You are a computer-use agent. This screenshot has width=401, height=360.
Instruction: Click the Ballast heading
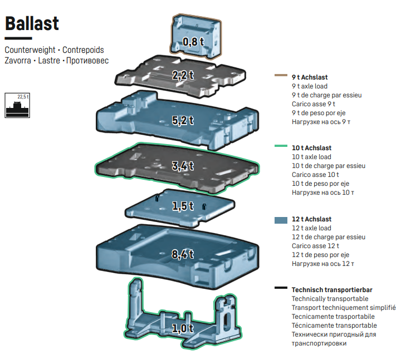[x=32, y=23]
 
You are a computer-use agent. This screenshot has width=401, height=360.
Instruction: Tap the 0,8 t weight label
[x=193, y=42]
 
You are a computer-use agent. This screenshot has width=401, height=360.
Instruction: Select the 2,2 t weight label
[x=183, y=75]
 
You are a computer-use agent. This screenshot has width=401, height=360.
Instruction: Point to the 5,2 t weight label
[x=183, y=120]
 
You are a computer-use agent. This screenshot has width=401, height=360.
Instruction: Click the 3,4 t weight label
[x=183, y=165]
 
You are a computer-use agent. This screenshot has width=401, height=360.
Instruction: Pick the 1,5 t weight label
[x=183, y=206]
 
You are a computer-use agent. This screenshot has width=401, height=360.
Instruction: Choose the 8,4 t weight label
[x=183, y=254]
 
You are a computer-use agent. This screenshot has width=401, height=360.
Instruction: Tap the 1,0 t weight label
[x=183, y=328]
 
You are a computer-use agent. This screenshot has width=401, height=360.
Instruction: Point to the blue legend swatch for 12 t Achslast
[x=281, y=220]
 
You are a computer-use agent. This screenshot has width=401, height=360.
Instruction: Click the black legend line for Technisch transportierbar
[x=281, y=288]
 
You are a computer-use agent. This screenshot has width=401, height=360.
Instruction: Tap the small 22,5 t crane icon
[x=17, y=105]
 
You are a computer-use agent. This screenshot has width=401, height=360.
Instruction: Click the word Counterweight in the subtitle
[x=28, y=50]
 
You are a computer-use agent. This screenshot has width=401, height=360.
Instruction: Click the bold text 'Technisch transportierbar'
[x=332, y=290]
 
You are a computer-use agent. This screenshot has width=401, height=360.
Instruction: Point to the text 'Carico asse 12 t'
[x=315, y=246]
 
